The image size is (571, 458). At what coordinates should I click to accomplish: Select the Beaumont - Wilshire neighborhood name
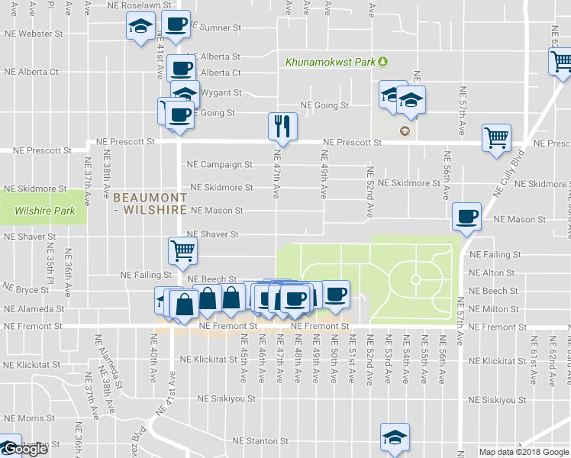coord(150,203)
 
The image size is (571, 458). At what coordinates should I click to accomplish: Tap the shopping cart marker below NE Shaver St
coord(183,250)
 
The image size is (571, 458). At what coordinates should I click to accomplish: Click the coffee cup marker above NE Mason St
coord(466,216)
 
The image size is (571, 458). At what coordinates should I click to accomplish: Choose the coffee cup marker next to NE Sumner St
coord(176,24)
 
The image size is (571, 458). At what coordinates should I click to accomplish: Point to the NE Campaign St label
coord(219,164)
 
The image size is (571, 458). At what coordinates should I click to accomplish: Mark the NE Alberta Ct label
coord(31,72)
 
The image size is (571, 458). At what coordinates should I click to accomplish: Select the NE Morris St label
coord(24,419)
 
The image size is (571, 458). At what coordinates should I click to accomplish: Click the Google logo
coord(24,450)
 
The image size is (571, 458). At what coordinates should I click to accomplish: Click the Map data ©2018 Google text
coord(524,452)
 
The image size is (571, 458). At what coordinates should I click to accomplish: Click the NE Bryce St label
coord(27,290)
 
